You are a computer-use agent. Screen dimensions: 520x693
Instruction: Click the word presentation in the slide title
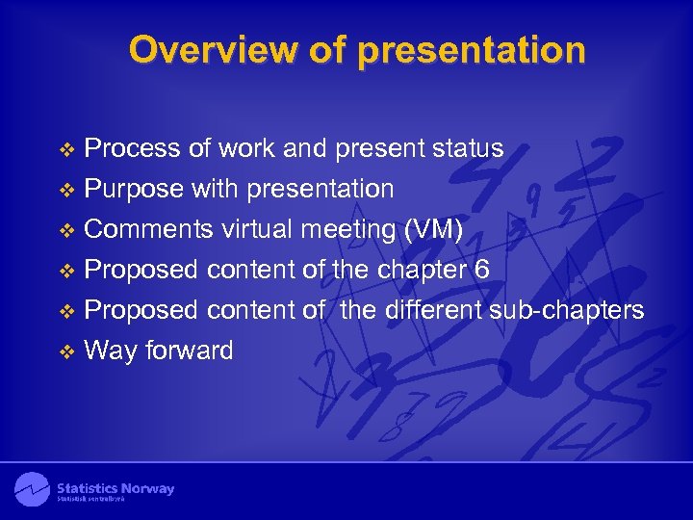pos(472,50)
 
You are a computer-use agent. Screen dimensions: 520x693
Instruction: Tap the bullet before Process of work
pos(66,149)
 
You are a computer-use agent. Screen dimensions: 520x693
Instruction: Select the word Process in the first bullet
pos(132,148)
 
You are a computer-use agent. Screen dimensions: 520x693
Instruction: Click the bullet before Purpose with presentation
pos(66,190)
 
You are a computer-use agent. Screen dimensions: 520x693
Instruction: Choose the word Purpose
pos(134,189)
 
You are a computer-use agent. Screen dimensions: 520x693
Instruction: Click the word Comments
pos(149,229)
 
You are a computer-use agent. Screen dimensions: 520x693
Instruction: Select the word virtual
pos(257,229)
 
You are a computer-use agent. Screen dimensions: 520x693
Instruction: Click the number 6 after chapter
pos(482,270)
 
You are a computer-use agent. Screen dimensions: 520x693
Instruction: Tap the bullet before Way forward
pos(66,351)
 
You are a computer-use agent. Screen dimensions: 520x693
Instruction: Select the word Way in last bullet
pos(111,351)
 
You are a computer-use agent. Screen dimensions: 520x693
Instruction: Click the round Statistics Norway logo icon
pos(32,489)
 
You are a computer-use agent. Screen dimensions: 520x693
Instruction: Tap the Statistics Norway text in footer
pos(115,488)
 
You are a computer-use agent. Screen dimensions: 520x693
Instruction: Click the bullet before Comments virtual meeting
pos(66,230)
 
